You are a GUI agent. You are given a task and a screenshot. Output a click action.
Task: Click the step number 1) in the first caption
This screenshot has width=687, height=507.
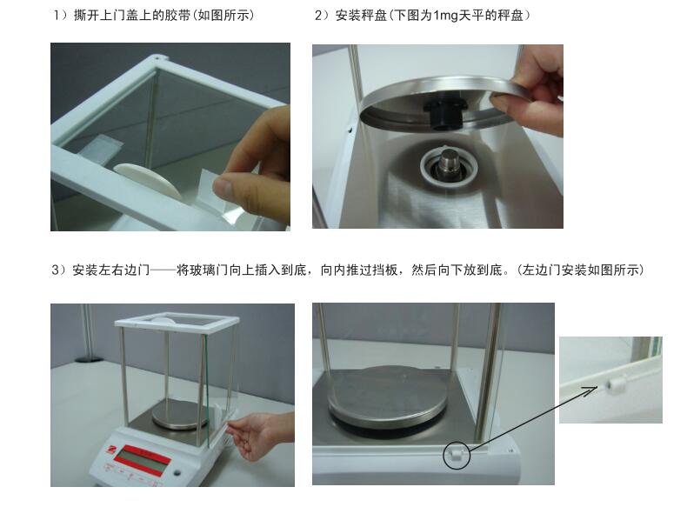pyautogui.click(x=61, y=16)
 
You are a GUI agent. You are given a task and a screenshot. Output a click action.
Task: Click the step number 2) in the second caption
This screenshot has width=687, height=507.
pyautogui.click(x=322, y=16)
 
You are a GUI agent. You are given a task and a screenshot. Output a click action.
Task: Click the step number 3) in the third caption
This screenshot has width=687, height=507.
pyautogui.click(x=59, y=270)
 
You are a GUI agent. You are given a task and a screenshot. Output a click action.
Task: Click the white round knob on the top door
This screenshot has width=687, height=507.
pyautogui.click(x=148, y=180)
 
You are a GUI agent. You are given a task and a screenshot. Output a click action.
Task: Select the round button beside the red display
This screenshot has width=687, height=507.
pyautogui.click(x=177, y=473)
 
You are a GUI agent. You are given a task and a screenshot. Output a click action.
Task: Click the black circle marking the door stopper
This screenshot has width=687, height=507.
pyautogui.click(x=457, y=456)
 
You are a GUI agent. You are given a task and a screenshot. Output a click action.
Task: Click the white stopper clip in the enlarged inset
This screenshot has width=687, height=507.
pyautogui.click(x=617, y=387)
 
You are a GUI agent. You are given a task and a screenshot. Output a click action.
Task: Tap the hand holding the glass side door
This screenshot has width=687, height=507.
pyautogui.click(x=258, y=435)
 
